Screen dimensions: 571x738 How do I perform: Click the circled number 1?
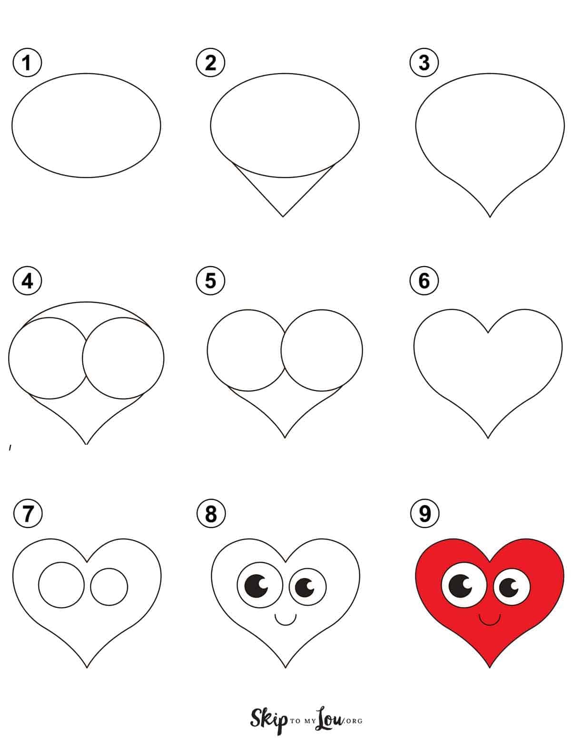coord(27,63)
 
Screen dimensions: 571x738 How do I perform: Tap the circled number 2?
coord(210,63)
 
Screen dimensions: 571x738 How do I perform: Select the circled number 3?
coord(424,63)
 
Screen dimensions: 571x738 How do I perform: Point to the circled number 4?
coord(27,281)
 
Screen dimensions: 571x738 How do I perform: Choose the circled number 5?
coord(210,281)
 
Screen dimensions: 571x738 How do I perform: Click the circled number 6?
coord(424,281)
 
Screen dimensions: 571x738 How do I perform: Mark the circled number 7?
coord(28,513)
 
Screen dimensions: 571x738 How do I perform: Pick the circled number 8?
coord(211,513)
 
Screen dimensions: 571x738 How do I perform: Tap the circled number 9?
coord(425,513)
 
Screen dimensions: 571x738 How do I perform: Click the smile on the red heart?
coord(490,624)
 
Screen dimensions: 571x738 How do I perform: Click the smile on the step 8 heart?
coord(285,624)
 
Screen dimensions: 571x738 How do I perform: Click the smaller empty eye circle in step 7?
coord(109,586)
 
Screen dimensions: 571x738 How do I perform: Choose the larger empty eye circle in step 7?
coord(61,585)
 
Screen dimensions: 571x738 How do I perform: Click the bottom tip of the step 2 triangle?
coord(283,216)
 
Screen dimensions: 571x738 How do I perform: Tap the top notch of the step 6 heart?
coord(488,333)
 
